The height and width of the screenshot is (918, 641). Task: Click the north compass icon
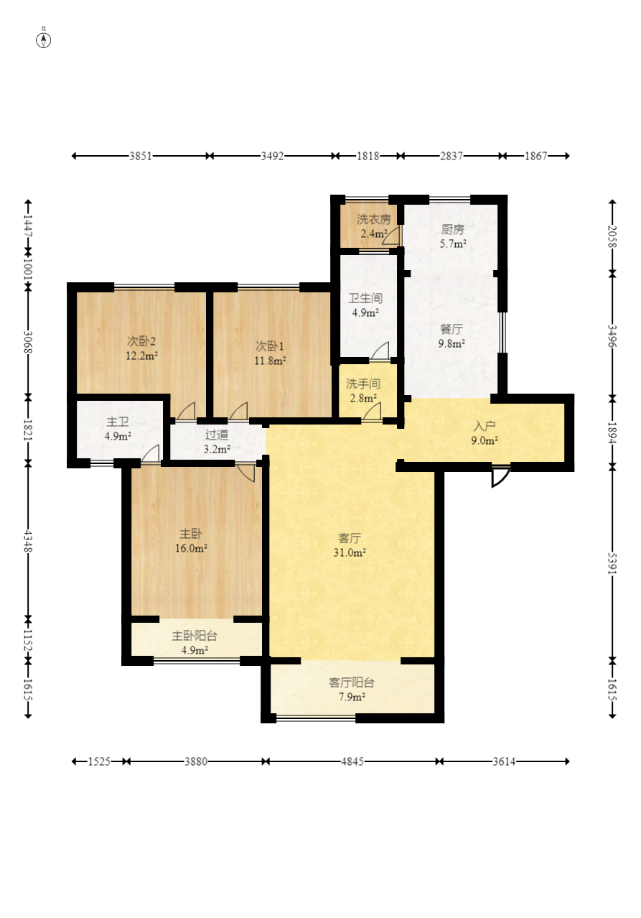tap(43, 40)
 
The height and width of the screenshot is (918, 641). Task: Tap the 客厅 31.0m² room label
tap(350, 545)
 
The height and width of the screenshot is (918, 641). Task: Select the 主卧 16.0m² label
tap(191, 541)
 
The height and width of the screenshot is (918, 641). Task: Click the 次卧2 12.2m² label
tap(141, 348)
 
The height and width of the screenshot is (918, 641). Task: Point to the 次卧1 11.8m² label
tap(269, 353)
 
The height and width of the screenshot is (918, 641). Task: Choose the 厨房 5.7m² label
tap(453, 236)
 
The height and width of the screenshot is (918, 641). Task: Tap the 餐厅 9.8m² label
tap(451, 336)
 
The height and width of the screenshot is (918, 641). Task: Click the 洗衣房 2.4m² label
tap(373, 226)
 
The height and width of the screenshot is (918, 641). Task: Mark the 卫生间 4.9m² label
tap(365, 305)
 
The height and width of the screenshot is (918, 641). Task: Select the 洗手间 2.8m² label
tap(363, 391)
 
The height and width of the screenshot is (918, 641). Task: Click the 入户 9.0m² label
tap(484, 433)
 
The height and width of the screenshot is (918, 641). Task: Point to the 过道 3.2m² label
tap(217, 442)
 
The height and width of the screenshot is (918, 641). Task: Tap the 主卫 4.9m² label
tap(118, 429)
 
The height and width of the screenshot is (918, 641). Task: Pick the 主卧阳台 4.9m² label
tap(194, 643)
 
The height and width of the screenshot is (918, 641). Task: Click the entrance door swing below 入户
tap(500, 477)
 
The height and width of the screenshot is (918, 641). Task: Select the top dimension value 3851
tap(141, 156)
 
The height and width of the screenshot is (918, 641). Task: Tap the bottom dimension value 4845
tap(352, 762)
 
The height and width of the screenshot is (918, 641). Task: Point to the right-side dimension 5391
tap(612, 565)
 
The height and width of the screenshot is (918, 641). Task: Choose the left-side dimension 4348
tap(28, 541)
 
